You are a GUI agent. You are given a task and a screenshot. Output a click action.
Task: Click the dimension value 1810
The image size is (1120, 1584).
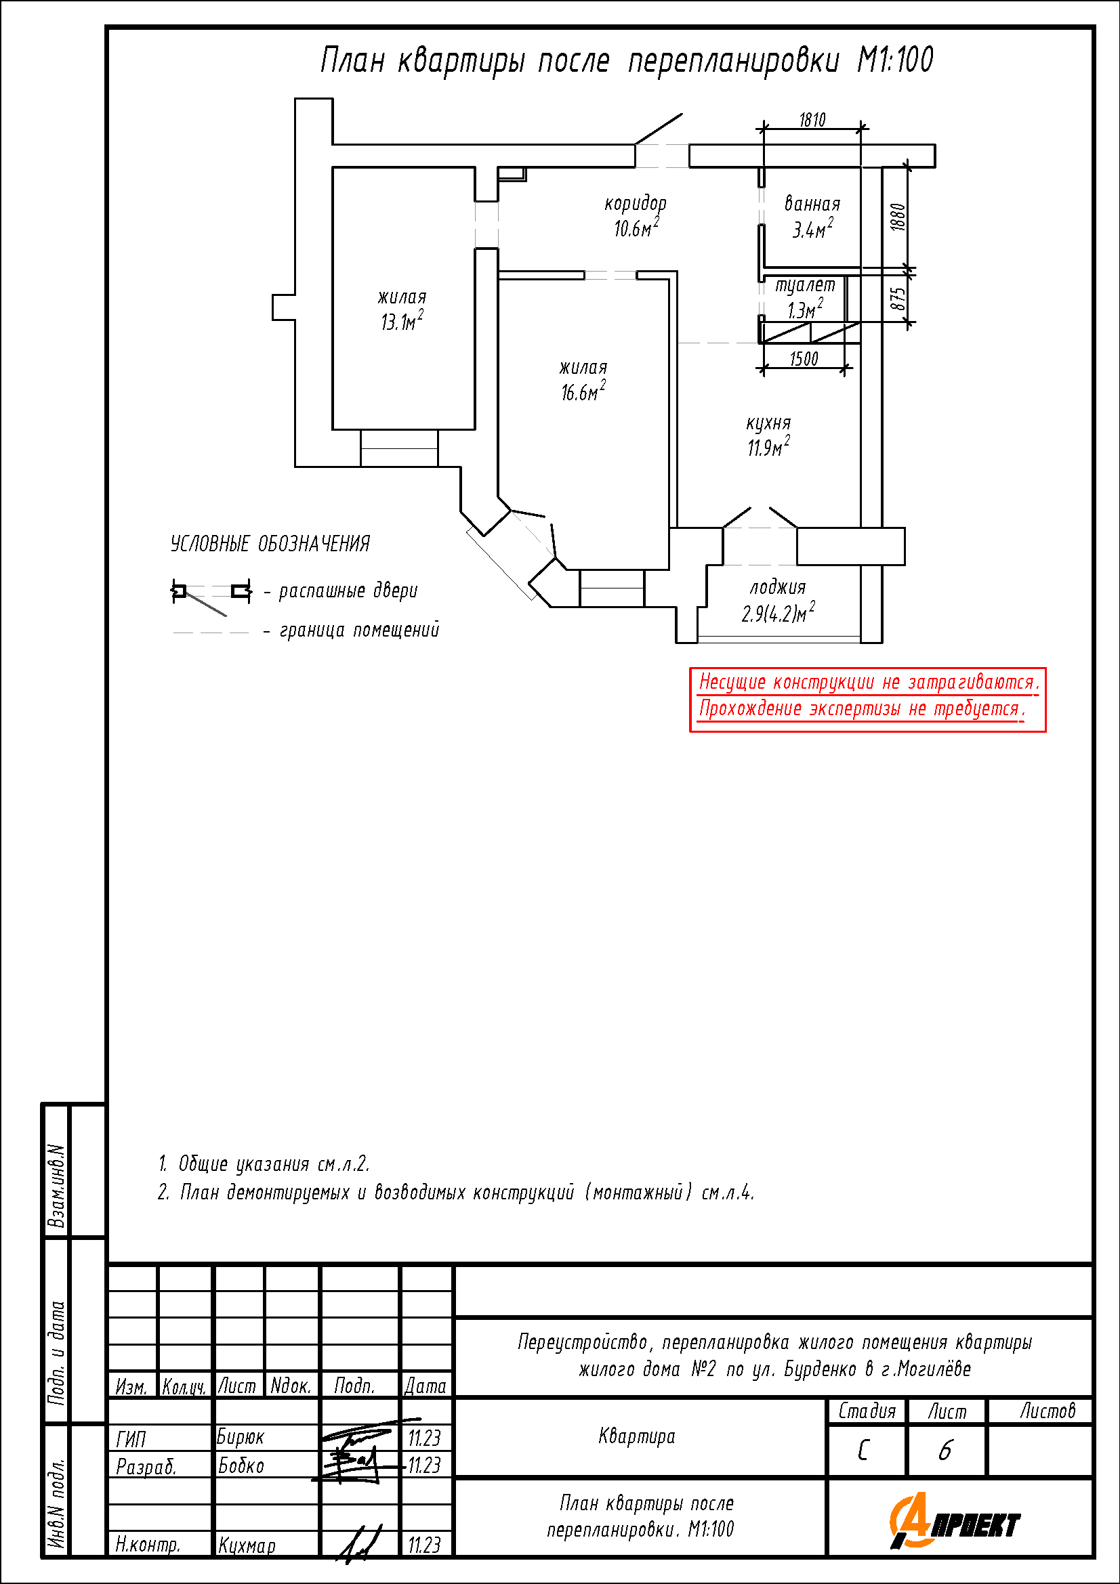coord(812,120)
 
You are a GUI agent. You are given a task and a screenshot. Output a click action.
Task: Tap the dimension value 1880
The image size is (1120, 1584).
coord(897,217)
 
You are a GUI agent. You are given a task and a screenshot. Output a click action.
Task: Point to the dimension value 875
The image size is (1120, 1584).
coord(897,298)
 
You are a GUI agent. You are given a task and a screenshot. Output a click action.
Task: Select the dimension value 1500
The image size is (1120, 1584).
coord(804,359)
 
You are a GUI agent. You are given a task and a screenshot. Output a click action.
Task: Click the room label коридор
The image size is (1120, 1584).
coord(636,205)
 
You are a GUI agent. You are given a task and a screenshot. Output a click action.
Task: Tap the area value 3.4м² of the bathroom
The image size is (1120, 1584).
coord(812,228)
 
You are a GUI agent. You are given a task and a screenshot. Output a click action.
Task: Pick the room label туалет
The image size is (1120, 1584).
coord(805,286)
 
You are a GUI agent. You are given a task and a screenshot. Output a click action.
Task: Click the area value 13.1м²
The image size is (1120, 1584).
coord(402,321)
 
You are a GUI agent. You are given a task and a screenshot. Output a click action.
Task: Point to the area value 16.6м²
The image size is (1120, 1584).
coord(583,391)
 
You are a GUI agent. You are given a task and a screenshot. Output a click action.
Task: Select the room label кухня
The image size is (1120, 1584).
coord(768,423)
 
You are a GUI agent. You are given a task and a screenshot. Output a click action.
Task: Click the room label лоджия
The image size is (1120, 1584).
coord(778,588)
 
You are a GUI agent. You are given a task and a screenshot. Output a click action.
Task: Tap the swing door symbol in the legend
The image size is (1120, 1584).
coord(211,595)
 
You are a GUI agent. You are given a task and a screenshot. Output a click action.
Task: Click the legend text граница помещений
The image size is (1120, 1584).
coord(360,630)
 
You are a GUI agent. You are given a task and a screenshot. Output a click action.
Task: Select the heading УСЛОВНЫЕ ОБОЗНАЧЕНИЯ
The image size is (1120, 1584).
coord(270,544)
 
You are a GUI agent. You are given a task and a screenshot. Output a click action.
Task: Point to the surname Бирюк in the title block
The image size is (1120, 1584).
coord(240,1437)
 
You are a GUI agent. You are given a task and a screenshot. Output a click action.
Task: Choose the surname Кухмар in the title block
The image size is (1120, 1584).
coord(247,1545)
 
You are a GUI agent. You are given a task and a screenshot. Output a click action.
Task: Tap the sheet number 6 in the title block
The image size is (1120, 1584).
coord(945,1451)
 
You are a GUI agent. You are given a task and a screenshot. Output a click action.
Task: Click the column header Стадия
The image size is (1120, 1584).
coord(867,1411)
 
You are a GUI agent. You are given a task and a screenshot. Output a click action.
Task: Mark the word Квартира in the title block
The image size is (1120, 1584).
coord(637,1437)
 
